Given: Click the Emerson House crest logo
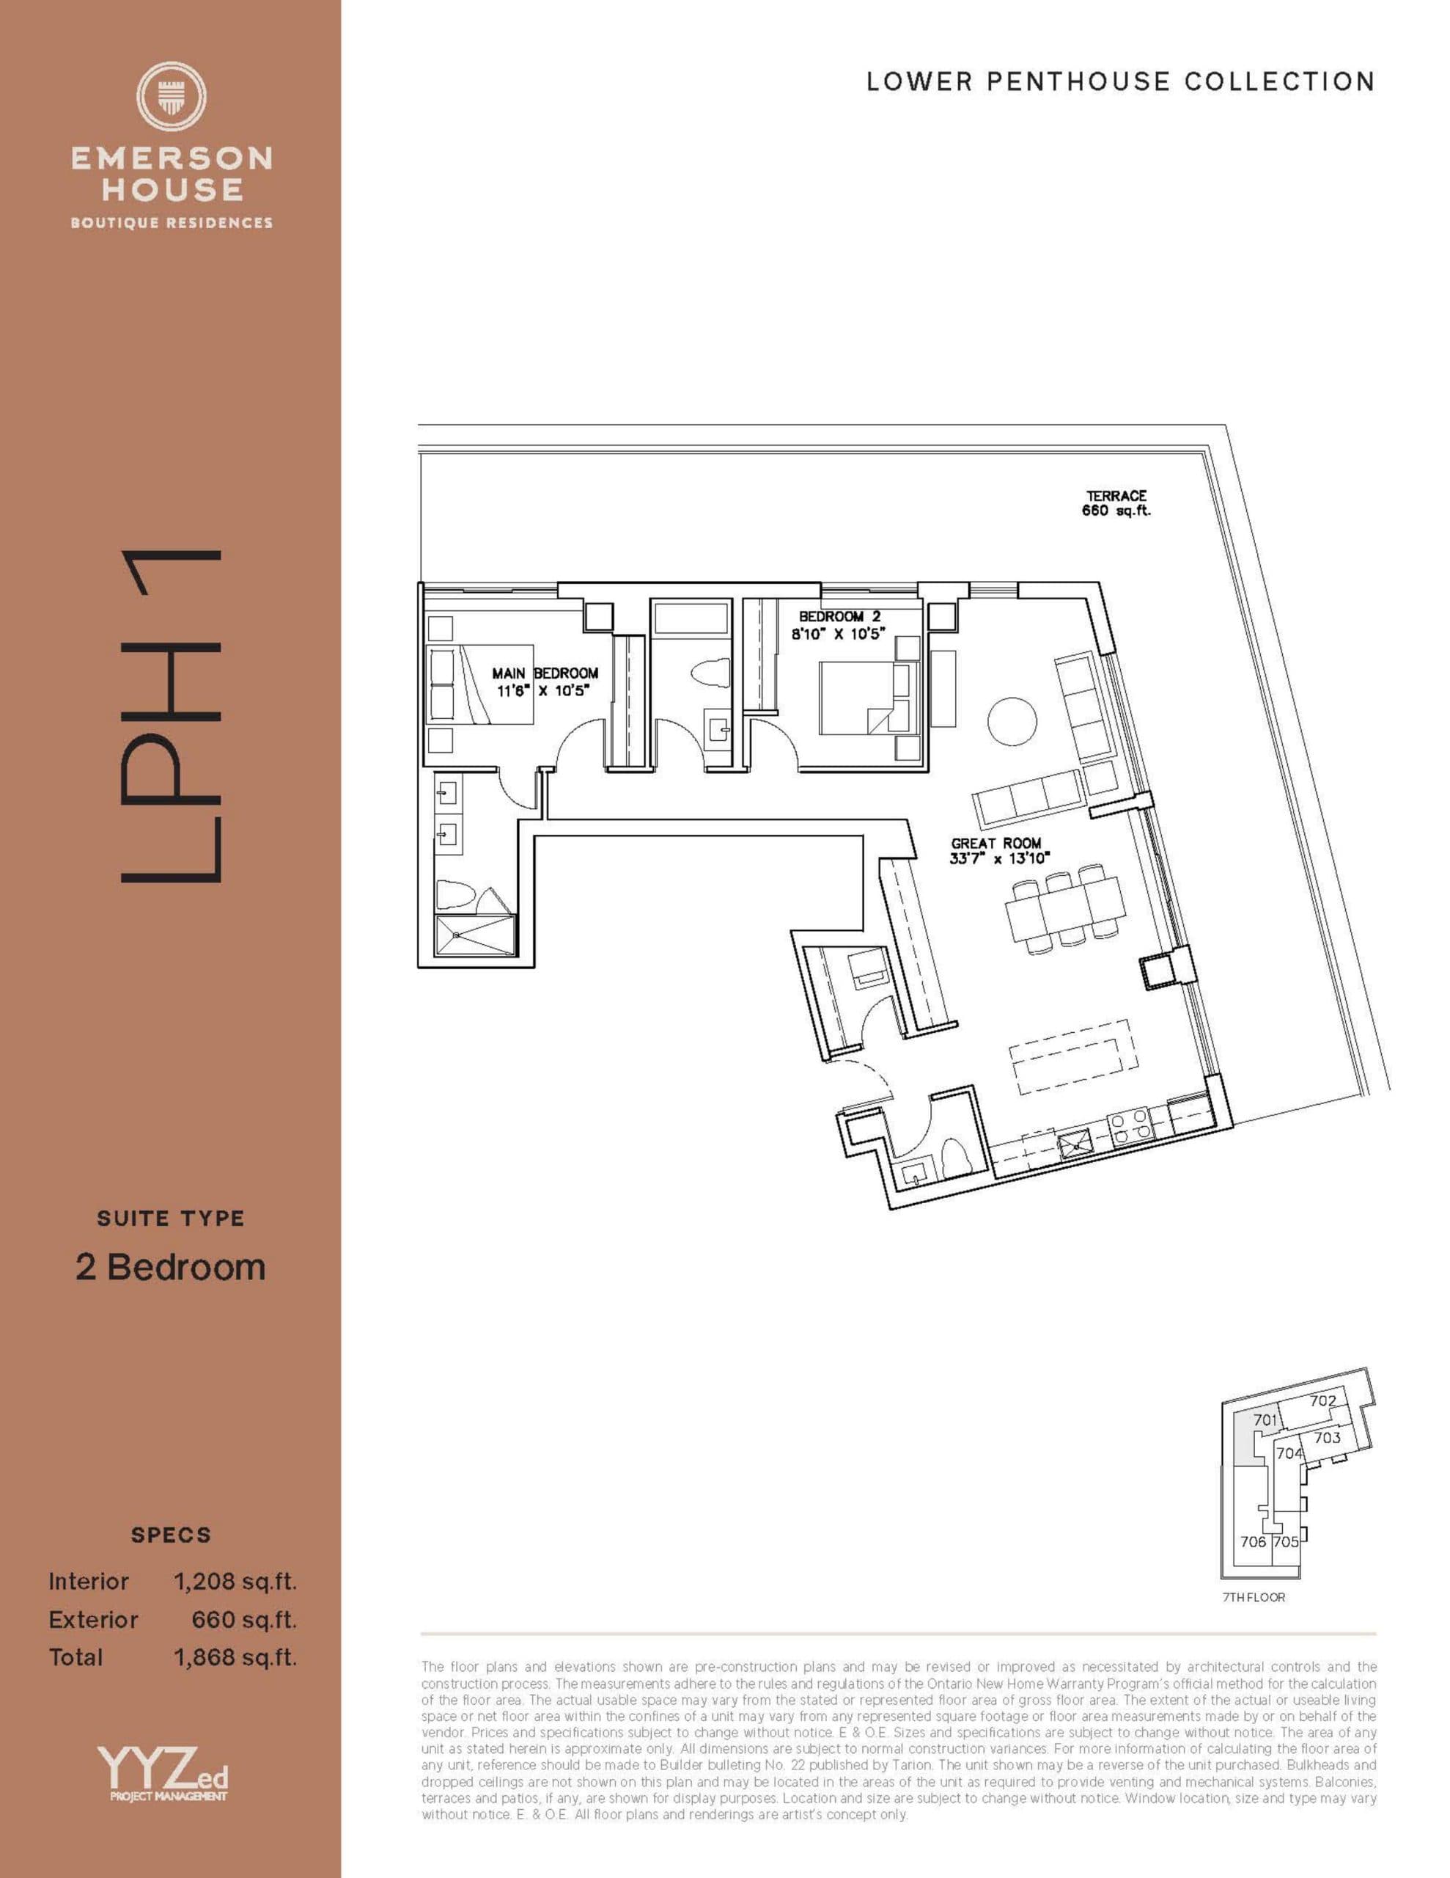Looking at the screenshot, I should (x=171, y=96).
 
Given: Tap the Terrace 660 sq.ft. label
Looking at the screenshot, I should (x=1116, y=503).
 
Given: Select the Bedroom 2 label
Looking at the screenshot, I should (x=839, y=616).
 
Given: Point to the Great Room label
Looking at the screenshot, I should (x=996, y=844).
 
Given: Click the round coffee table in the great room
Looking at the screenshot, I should (x=1012, y=720).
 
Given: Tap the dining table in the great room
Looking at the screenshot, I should (x=1066, y=909).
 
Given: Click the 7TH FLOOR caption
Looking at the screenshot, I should (x=1253, y=1597).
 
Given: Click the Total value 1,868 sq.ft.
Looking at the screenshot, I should (x=235, y=1657).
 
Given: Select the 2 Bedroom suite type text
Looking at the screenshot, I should (x=170, y=1267).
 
